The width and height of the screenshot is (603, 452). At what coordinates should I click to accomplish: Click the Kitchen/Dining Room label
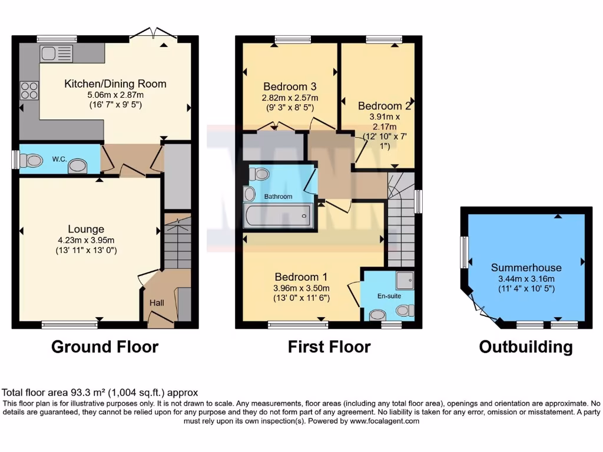click(x=115, y=84)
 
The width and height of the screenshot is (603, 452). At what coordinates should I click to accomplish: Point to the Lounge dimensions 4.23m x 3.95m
click(x=86, y=240)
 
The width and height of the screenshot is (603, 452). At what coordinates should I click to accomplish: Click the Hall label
click(x=157, y=303)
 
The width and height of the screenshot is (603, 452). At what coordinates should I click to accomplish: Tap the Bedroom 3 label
click(x=290, y=87)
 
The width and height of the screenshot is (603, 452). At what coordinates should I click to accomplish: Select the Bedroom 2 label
click(x=384, y=106)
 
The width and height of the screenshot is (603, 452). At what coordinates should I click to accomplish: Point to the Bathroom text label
click(x=278, y=197)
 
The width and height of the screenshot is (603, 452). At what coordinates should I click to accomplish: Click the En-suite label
click(x=390, y=296)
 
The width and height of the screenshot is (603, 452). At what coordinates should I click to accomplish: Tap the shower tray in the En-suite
click(x=405, y=280)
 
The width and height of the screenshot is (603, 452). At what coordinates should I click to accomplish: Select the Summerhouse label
click(x=526, y=268)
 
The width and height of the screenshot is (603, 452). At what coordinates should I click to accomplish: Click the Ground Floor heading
click(x=105, y=347)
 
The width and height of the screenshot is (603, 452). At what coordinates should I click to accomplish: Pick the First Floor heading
click(x=329, y=347)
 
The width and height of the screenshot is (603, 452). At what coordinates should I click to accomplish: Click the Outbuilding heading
click(x=525, y=347)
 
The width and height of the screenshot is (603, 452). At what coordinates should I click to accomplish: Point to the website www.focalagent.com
click(x=384, y=421)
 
